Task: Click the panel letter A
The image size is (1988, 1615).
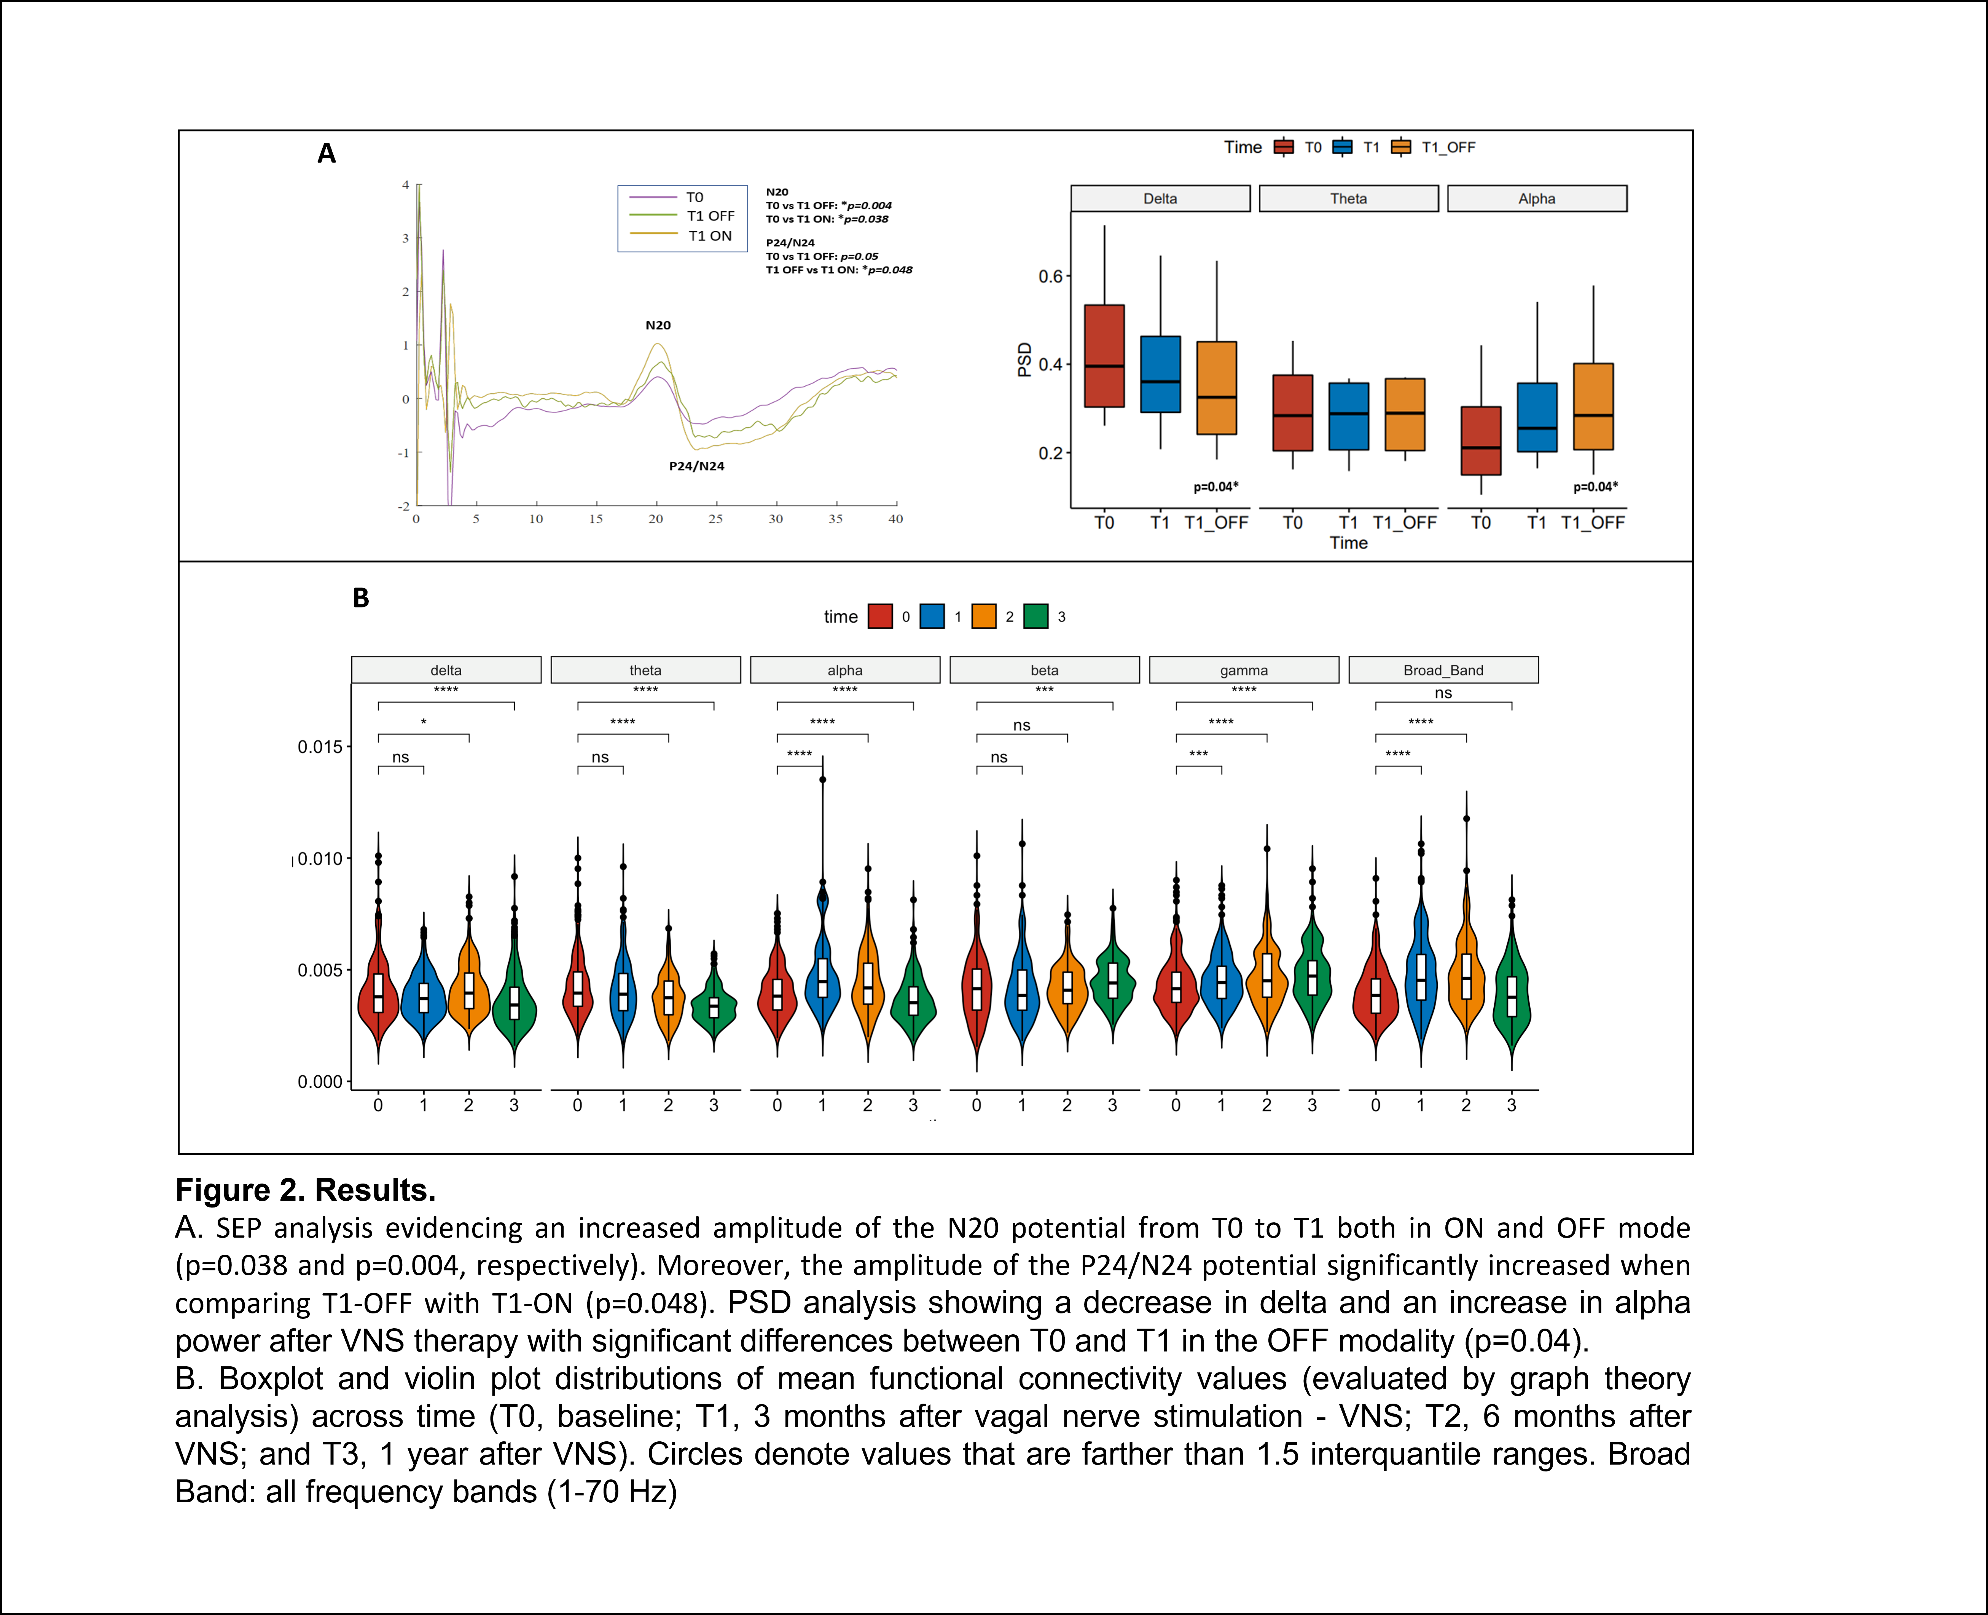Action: pos(327,153)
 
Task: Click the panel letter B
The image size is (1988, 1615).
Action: pos(361,598)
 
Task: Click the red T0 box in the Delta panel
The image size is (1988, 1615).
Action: pos(1104,355)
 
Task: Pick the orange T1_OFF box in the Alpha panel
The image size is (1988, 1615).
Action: pos(1593,407)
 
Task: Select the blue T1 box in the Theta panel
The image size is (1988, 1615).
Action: pos(1348,416)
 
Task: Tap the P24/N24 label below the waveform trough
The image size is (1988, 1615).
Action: pos(696,466)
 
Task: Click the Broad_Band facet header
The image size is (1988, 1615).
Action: pos(1443,670)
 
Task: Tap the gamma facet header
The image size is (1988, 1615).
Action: pos(1243,670)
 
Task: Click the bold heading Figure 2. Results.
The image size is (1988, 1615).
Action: pos(305,1190)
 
